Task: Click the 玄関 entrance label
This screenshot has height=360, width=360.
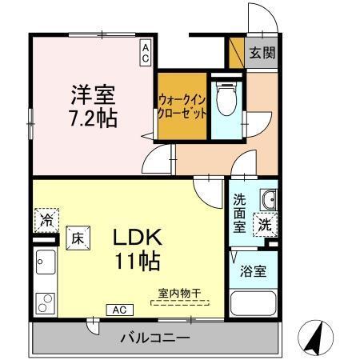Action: click(260, 54)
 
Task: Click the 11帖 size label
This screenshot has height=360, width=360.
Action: click(138, 261)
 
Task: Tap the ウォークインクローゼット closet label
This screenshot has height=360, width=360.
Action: click(183, 107)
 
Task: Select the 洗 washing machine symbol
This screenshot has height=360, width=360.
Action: click(263, 226)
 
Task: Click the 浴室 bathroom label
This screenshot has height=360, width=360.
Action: click(254, 270)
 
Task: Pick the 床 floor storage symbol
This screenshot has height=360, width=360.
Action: click(78, 237)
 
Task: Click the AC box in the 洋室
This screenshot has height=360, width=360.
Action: click(146, 53)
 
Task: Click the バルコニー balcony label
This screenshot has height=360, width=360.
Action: click(155, 336)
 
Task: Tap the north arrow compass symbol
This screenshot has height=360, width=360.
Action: click(314, 338)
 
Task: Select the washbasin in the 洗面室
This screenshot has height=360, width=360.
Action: click(268, 200)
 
